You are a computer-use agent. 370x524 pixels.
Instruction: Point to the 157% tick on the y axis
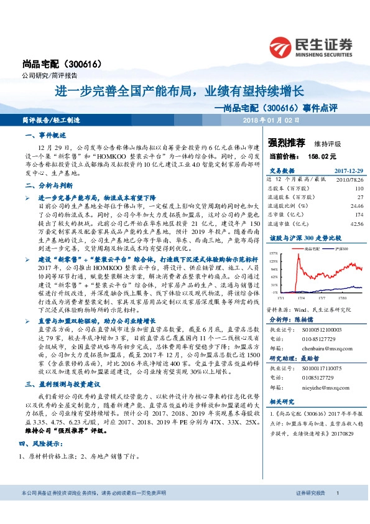pos(273,253)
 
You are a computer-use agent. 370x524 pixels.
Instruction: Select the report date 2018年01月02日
pos(271,118)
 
